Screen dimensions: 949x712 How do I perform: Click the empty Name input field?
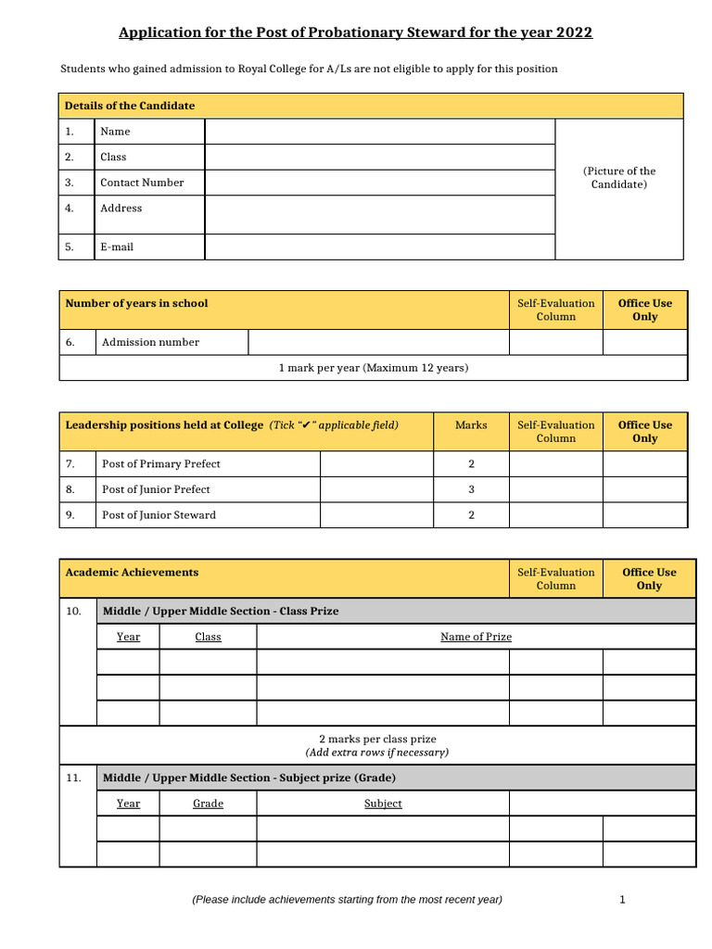tap(379, 132)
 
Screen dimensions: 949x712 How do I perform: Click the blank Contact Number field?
tap(379, 183)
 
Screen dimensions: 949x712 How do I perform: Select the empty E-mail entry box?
tap(379, 247)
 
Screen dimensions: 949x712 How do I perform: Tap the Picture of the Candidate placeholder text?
tap(619, 178)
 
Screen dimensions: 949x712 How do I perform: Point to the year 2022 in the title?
tap(574, 33)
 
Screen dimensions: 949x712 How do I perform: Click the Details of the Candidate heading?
tap(130, 106)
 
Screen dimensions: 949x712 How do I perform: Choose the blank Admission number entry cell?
tap(378, 343)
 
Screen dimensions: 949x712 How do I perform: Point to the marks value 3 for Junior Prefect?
tap(471, 489)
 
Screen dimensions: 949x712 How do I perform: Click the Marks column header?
tap(471, 425)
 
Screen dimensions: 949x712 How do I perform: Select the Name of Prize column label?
tap(476, 637)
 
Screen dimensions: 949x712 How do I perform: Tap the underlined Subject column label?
tap(383, 803)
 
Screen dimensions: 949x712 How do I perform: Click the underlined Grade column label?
tap(208, 803)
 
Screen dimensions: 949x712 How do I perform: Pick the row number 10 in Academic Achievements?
tap(74, 612)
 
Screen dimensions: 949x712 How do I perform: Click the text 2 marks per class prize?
tap(377, 740)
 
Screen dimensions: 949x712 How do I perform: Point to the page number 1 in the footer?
tap(622, 899)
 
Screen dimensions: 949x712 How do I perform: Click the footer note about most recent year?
tap(347, 899)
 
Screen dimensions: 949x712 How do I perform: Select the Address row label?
tap(121, 209)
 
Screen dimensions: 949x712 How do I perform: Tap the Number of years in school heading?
tap(136, 304)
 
